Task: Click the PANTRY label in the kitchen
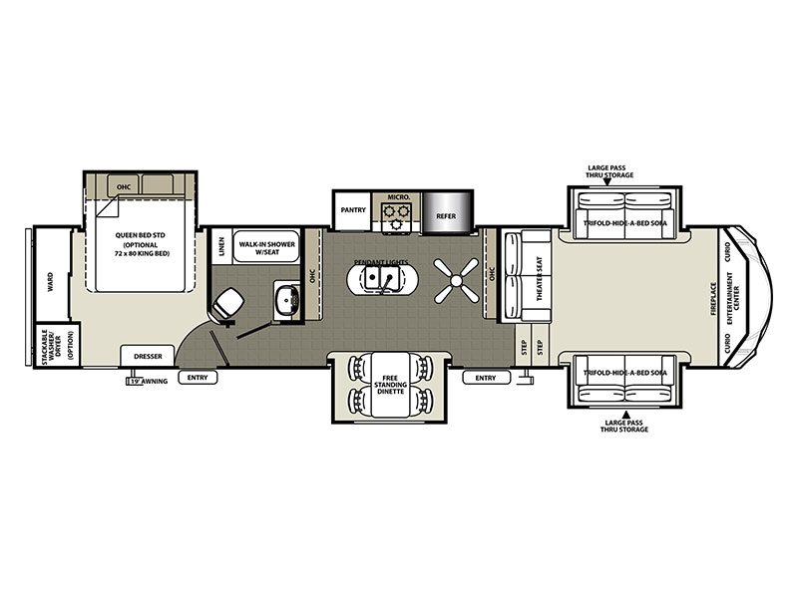tap(352, 210)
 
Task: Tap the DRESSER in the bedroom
tap(147, 355)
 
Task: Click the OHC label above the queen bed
tap(124, 185)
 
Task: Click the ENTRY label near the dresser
tap(196, 378)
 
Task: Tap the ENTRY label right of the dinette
tap(486, 378)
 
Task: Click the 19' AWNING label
tap(147, 380)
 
